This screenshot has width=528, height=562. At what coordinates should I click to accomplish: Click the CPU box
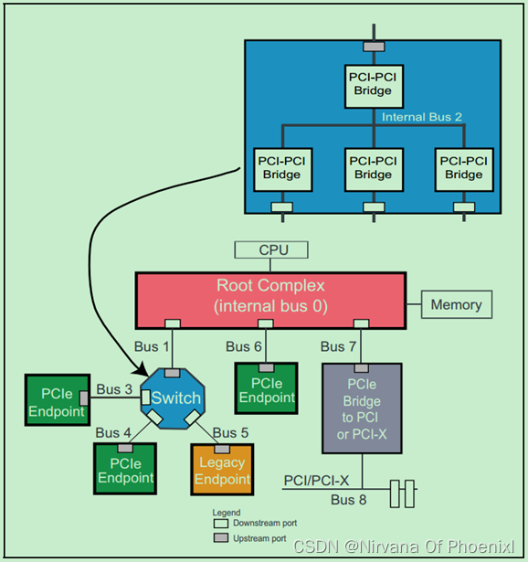pos(270,249)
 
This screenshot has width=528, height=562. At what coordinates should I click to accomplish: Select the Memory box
pos(457,304)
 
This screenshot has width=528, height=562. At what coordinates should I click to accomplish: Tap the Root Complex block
pos(270,297)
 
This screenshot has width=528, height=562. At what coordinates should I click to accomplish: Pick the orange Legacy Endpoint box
pos(223,472)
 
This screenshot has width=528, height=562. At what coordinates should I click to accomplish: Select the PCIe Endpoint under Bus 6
pos(267,390)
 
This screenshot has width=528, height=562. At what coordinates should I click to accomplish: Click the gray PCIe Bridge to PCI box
pos(361,408)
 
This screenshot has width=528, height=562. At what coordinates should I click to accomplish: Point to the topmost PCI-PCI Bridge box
pos(373,84)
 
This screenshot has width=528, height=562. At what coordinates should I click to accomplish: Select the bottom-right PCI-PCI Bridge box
pos(464,167)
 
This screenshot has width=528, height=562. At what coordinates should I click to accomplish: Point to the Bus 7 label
pos(339,346)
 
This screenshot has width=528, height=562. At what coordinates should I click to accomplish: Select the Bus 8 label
pos(348,500)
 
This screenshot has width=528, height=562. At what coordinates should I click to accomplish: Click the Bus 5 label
pos(230,431)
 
